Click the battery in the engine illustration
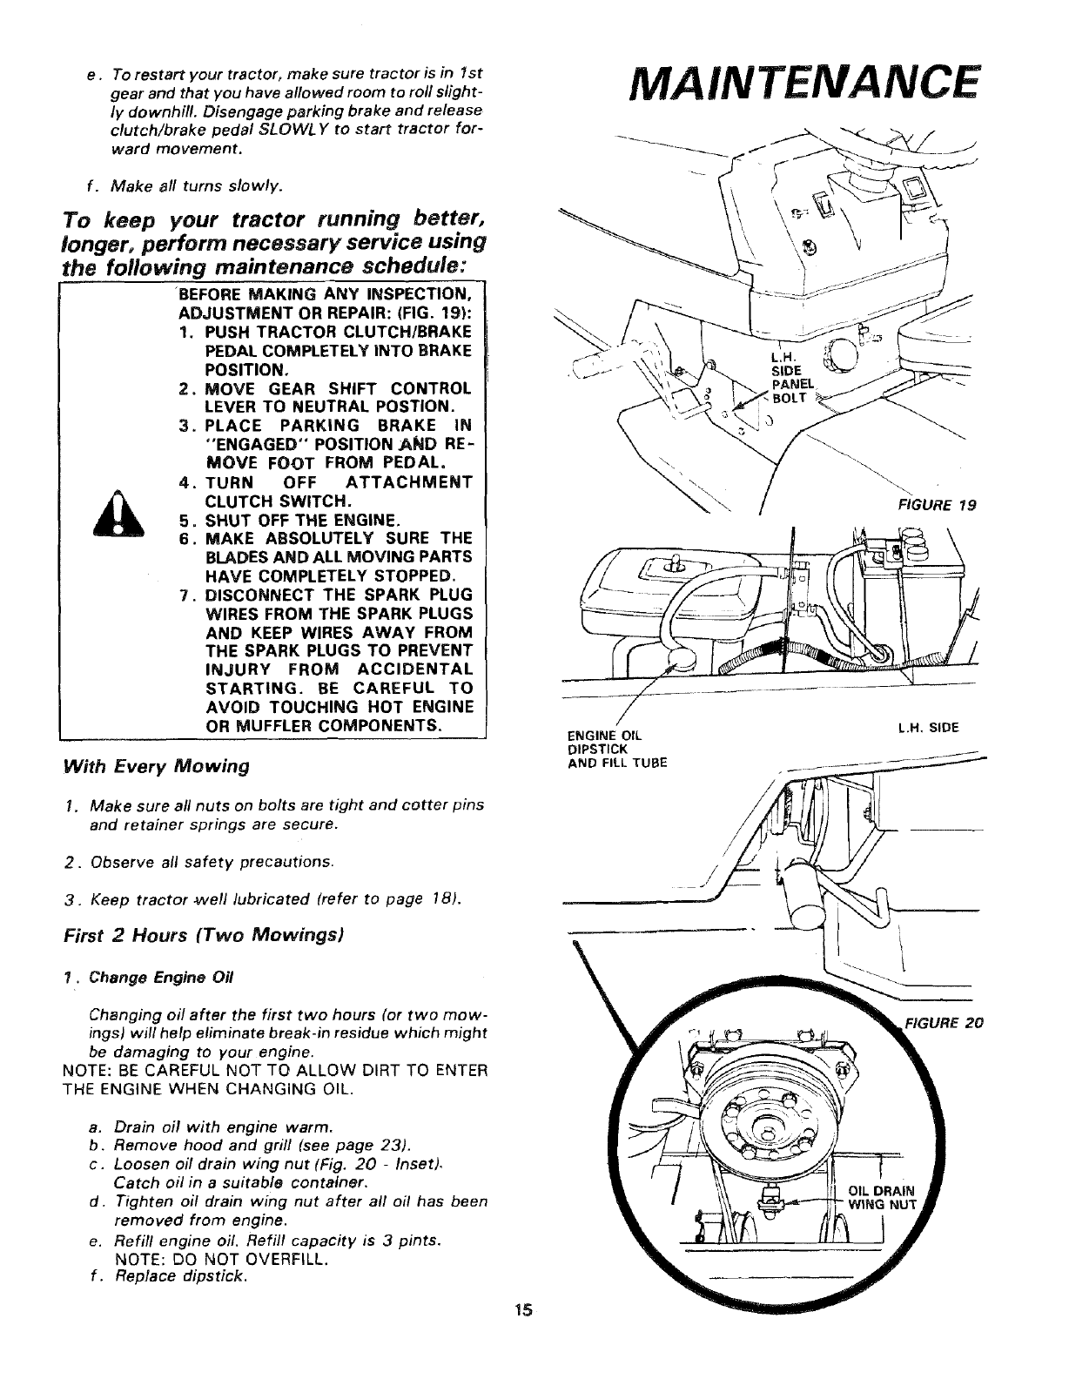point(913,592)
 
